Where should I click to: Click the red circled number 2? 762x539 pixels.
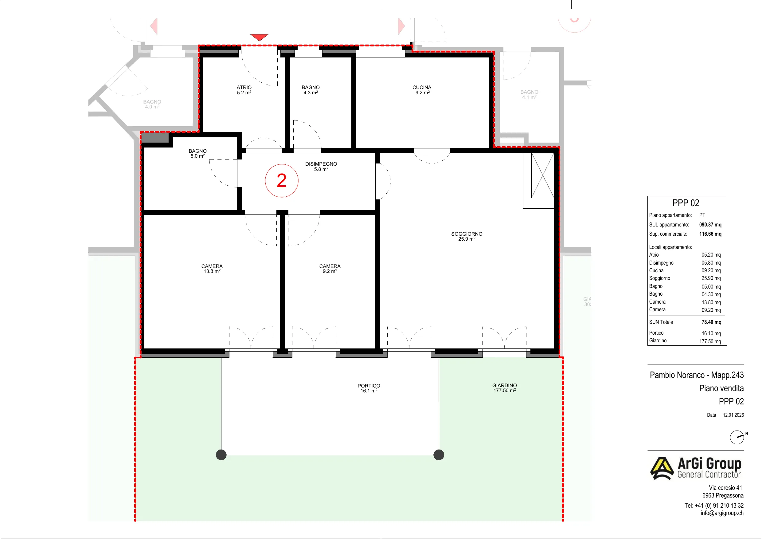[281, 181]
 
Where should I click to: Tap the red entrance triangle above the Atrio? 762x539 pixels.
[259, 37]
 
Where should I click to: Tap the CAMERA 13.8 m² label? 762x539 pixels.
[212, 269]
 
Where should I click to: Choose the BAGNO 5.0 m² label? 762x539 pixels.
[197, 153]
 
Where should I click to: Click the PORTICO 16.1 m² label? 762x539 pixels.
[369, 388]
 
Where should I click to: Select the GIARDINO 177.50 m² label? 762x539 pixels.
[504, 388]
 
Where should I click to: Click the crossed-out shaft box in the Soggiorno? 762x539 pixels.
[543, 175]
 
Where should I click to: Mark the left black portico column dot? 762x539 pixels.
[221, 454]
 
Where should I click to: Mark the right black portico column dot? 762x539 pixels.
[439, 454]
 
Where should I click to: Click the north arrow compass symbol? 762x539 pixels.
[737, 437]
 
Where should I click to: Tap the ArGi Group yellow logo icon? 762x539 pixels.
[662, 469]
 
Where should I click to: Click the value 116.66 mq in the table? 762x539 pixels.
[710, 234]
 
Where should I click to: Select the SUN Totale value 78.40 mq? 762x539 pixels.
[711, 322]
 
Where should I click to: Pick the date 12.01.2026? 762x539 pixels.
[733, 415]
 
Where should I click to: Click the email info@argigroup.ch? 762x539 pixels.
[722, 513]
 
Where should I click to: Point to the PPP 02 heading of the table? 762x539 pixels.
[686, 203]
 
